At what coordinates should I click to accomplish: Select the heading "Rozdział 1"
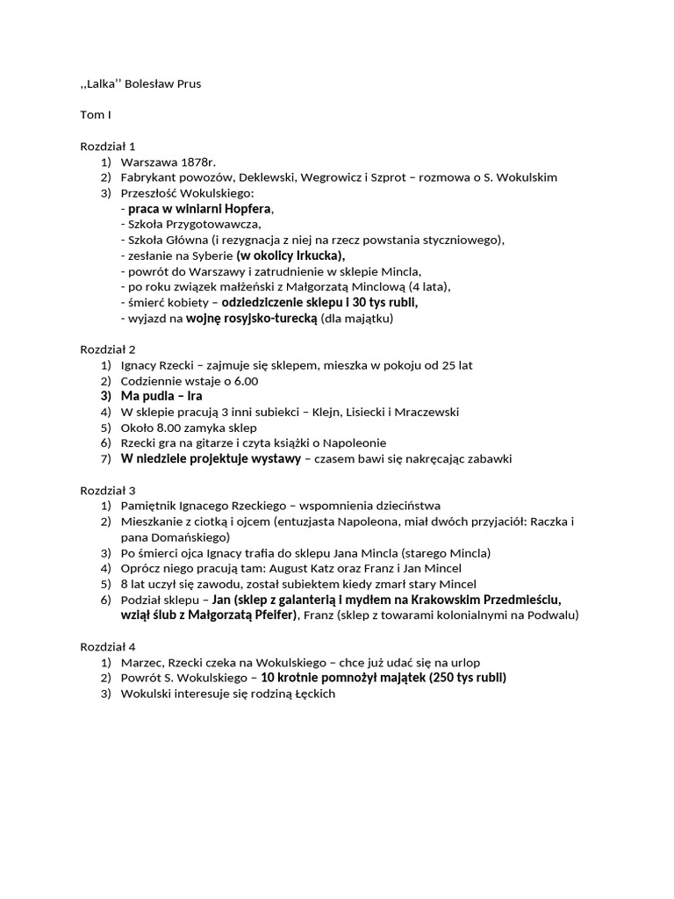tap(108, 146)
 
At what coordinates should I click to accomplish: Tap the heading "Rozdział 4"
tap(108, 645)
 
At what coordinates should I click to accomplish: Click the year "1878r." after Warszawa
tap(198, 162)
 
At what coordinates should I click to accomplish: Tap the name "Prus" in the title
tap(199, 83)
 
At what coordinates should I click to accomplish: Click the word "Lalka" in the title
tap(103, 83)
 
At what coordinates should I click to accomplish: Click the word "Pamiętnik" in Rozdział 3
tap(148, 506)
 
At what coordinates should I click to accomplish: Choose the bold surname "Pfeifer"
tap(272, 615)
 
